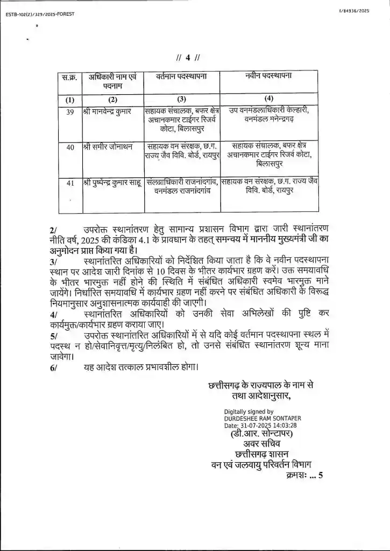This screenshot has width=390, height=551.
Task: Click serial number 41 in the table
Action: [69, 183]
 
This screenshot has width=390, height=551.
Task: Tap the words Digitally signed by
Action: [249, 412]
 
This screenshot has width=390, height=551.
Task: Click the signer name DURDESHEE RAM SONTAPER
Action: [263, 418]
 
